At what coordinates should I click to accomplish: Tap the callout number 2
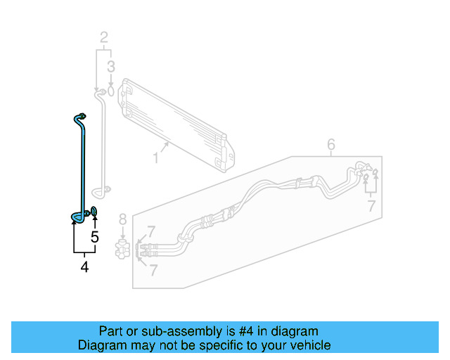(104, 37)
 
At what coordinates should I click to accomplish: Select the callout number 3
(110, 67)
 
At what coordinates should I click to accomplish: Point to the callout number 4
(84, 266)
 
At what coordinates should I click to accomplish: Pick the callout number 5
(95, 236)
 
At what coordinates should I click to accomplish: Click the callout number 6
(331, 146)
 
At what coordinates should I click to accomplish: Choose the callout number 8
(122, 219)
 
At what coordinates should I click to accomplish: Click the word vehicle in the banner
(307, 345)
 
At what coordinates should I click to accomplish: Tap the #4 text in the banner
(252, 331)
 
